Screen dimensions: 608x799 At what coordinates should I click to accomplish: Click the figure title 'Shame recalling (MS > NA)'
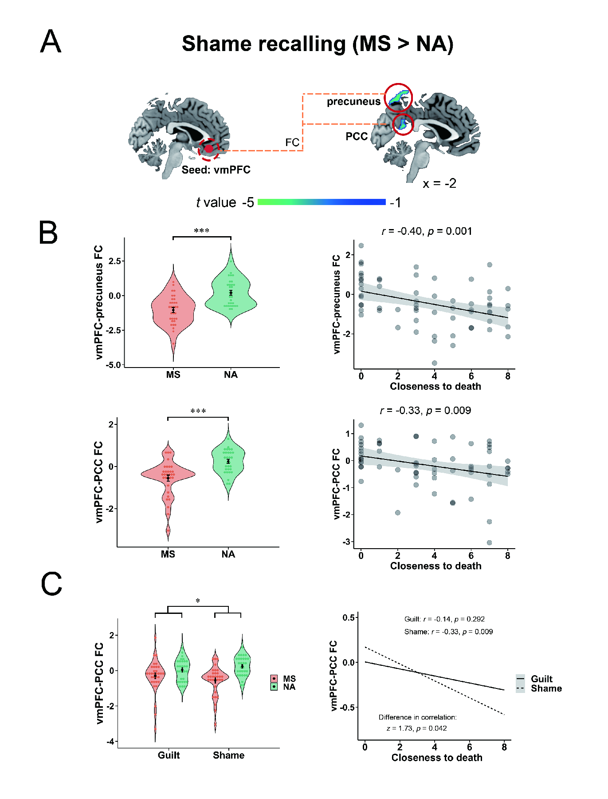[x=318, y=44]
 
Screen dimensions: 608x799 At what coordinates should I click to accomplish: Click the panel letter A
[x=51, y=41]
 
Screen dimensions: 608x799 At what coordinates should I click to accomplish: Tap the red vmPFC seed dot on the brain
[x=209, y=149]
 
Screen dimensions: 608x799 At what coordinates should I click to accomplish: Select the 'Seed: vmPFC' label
[x=216, y=170]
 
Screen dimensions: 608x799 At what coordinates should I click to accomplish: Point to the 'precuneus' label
[x=353, y=102]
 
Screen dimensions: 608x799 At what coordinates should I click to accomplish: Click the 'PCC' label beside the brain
[x=357, y=136]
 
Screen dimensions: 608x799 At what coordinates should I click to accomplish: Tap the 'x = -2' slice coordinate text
[x=439, y=183]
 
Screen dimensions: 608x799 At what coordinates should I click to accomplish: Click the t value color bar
[x=322, y=202]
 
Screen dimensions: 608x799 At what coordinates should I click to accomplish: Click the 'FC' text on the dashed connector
[x=292, y=142]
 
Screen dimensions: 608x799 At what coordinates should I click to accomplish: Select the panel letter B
[x=48, y=233]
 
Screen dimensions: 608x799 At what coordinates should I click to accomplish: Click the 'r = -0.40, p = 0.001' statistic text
[x=427, y=231]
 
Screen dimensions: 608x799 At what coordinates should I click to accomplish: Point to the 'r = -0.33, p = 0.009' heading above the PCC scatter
[x=425, y=411]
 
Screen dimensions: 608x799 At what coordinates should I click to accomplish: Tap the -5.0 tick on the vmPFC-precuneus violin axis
[x=114, y=365]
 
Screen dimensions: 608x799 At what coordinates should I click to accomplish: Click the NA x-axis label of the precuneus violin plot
[x=231, y=375]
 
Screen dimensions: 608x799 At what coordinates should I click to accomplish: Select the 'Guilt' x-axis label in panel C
[x=169, y=755]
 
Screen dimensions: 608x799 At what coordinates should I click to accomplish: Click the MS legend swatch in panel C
[x=274, y=679]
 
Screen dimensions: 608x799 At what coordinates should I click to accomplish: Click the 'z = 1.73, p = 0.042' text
[x=416, y=728]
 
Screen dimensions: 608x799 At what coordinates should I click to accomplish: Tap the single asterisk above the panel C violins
[x=198, y=601]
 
